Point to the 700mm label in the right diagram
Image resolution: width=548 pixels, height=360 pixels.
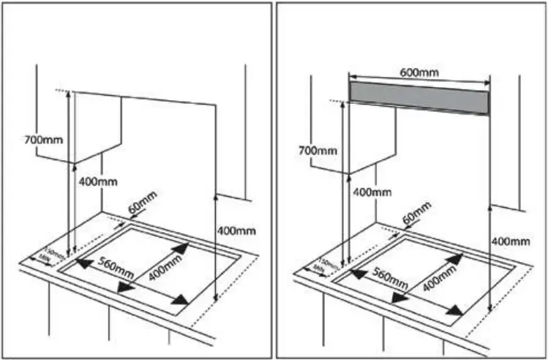pos(318,151)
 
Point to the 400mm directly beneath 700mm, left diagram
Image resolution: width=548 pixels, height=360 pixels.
pos(98,180)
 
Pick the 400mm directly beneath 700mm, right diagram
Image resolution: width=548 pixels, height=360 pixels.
pos(372,192)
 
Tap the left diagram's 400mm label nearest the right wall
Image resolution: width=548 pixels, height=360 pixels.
pos(236,230)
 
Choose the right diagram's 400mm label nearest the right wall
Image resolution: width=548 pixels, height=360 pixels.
pos(509,241)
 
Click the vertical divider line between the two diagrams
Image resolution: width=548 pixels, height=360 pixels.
pos(274,180)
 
